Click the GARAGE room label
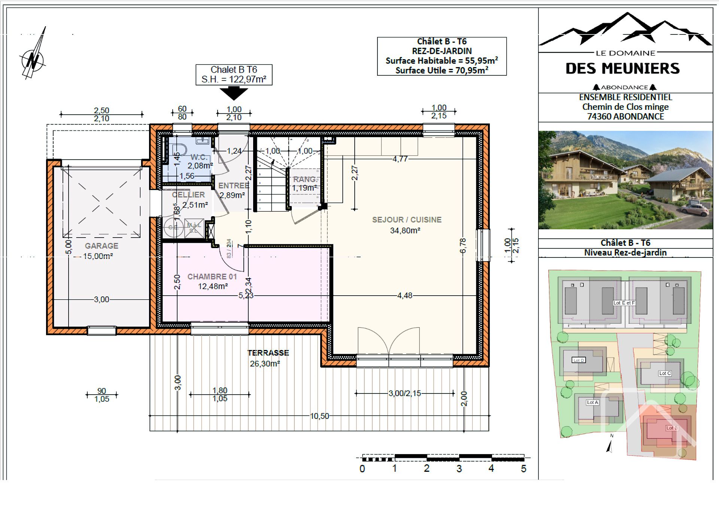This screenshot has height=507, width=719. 101,246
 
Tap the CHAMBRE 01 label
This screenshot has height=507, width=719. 212,277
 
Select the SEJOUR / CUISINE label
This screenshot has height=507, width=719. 407,220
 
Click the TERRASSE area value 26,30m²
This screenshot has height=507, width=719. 265,363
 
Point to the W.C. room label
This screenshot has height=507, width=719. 199,157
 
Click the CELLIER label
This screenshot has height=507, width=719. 188,195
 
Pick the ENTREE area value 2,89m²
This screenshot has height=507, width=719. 232,195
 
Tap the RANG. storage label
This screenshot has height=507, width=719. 304,179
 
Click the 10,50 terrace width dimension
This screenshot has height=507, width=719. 319,416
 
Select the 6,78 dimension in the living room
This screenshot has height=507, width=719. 463,245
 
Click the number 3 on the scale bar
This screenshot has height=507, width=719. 459,468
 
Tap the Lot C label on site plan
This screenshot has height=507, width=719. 665,373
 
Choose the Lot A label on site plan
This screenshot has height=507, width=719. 592,402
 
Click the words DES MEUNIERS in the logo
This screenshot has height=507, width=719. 622,69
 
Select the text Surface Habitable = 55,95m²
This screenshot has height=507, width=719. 442,61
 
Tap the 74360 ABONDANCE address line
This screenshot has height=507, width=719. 625,117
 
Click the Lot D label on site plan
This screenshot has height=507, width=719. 579,360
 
